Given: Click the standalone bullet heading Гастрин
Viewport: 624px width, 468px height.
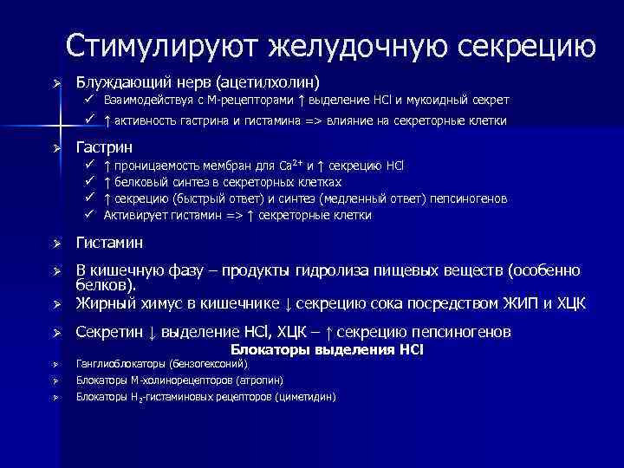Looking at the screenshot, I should (105, 146).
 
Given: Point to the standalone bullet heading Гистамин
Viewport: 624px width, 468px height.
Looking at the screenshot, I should (110, 243).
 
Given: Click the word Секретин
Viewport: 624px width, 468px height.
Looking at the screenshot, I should (109, 332).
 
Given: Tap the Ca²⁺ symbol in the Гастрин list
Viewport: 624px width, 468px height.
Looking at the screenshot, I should (291, 165).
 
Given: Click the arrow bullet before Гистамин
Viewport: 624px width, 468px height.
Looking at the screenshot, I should (55, 244).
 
